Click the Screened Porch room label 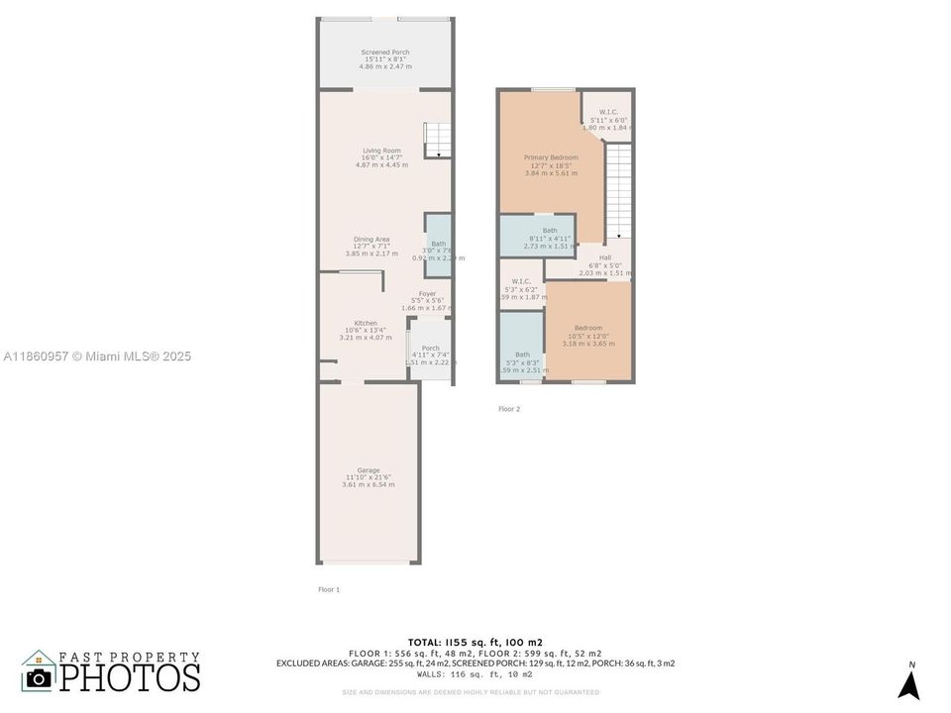point(384,52)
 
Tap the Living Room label point(381,152)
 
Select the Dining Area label point(371,240)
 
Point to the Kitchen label point(366,324)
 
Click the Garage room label point(368,470)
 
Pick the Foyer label point(427,294)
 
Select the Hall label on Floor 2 point(604,257)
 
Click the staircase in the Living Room point(437,140)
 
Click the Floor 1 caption point(329,589)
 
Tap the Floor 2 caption point(508,408)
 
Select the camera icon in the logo point(39,677)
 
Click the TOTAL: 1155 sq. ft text point(475,642)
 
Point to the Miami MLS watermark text point(96,356)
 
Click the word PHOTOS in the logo point(129,677)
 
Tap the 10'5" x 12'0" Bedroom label point(587,329)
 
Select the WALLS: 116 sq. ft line point(475,673)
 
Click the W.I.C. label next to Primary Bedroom point(608,112)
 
